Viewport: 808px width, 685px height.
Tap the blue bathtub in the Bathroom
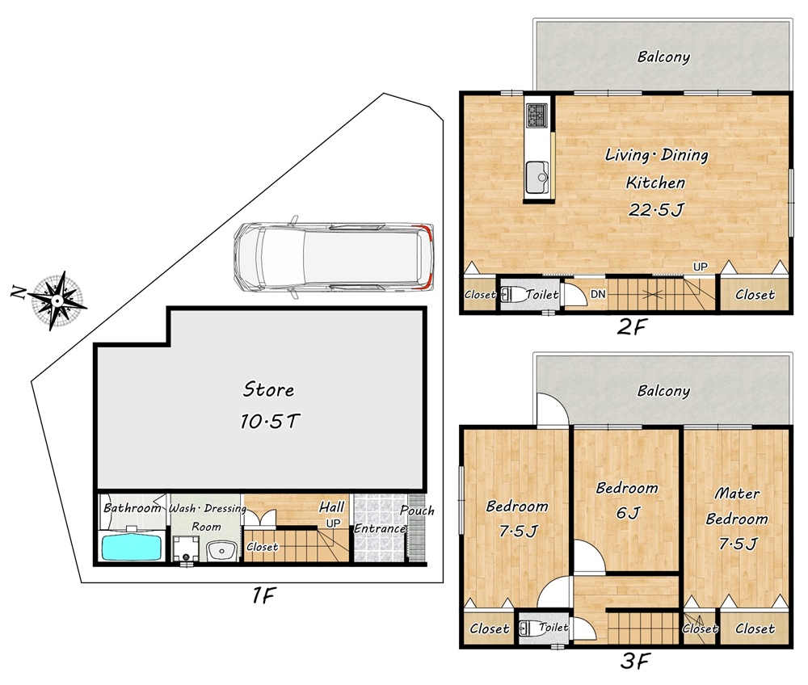[133, 548]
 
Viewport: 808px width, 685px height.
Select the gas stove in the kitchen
[537, 116]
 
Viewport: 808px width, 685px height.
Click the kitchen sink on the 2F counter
[538, 177]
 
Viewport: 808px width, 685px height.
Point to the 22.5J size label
[656, 210]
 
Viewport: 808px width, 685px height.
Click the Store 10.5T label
[268, 406]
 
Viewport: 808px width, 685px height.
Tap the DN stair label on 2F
[598, 294]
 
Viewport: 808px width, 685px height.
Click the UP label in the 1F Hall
[333, 523]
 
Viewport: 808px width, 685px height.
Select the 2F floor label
[631, 327]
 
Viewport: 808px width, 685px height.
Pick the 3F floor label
[635, 661]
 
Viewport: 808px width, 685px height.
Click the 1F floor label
[263, 596]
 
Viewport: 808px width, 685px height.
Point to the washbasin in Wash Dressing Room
[221, 551]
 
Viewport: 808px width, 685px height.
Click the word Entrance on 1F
[380, 528]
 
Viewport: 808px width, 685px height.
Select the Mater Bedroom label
[737, 506]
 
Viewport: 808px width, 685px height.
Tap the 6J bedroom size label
[628, 512]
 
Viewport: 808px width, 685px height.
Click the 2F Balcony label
[663, 57]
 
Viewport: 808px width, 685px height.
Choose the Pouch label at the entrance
[417, 511]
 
